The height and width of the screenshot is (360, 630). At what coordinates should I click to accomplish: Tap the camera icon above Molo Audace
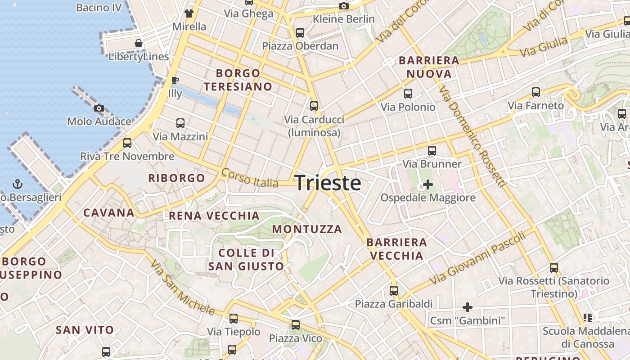(x=99, y=108)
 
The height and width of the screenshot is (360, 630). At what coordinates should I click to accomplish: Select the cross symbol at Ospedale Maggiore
(x=427, y=184)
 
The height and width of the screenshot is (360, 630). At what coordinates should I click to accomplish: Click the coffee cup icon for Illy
(x=175, y=81)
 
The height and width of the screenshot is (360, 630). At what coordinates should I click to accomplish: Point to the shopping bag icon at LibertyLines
(x=139, y=43)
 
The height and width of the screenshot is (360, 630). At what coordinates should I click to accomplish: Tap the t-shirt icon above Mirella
(x=189, y=13)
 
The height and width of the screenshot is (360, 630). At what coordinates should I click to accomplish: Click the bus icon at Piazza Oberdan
(x=300, y=32)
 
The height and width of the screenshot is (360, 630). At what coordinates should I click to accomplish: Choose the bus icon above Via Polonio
(x=408, y=94)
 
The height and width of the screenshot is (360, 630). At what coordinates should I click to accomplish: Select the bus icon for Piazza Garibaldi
(x=394, y=291)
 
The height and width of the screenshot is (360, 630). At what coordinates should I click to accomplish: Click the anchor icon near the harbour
(x=18, y=184)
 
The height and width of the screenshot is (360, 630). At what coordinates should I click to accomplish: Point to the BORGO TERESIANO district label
(x=238, y=80)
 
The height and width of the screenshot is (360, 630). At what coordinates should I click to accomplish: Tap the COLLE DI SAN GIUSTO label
(x=246, y=260)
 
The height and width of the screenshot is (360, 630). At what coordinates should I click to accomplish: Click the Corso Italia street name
(x=250, y=178)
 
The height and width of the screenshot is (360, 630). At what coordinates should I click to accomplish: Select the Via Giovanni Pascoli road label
(x=477, y=258)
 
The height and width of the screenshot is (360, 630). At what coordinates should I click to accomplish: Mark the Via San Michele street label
(x=182, y=288)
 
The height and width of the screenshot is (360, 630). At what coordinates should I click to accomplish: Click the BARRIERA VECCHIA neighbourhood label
(x=396, y=249)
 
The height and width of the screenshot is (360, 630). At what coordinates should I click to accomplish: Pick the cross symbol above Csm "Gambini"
(x=468, y=307)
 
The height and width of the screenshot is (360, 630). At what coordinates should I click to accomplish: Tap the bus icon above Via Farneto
(x=535, y=92)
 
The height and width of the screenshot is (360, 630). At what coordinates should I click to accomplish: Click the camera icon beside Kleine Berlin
(x=344, y=6)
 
